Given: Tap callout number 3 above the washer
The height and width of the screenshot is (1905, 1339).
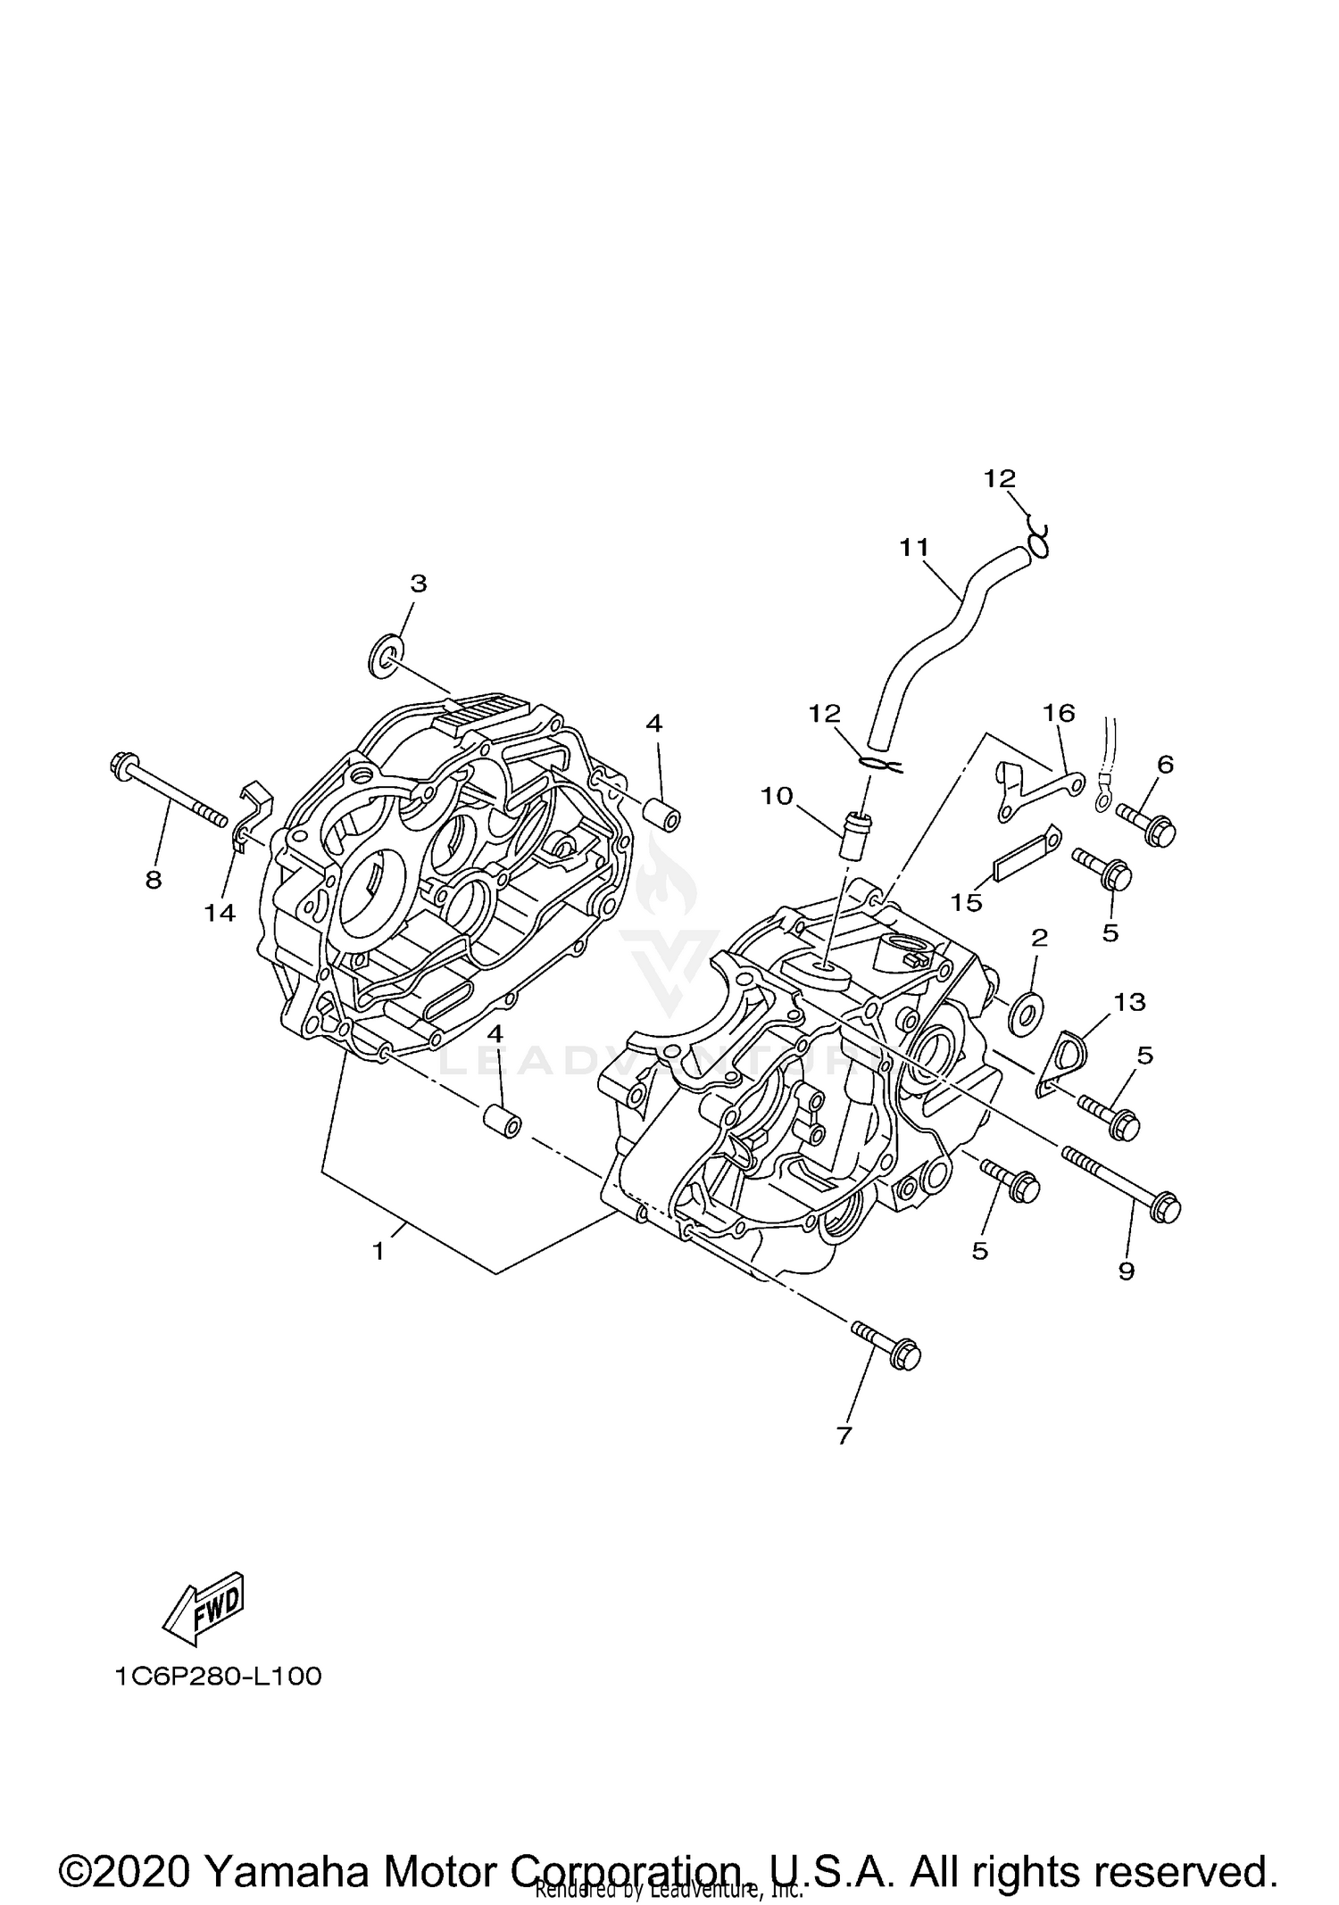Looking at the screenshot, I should click(x=418, y=584).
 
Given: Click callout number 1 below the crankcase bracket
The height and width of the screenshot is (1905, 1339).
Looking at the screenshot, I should click(x=378, y=1253).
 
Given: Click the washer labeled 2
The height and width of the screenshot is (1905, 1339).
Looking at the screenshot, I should click(x=1024, y=1015).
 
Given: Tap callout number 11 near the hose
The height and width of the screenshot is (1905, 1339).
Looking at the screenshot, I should click(x=914, y=547).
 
